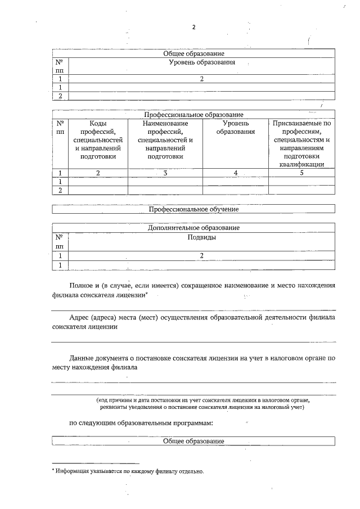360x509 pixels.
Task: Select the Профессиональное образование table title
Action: [193, 115]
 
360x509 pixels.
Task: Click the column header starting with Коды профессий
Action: [98, 139]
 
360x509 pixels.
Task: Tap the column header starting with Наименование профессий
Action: [165, 139]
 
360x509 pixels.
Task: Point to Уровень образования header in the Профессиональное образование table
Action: [236, 127]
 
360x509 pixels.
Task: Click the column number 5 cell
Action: [301, 173]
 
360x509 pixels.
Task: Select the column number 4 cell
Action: [236, 173]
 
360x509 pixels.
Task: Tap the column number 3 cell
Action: [165, 173]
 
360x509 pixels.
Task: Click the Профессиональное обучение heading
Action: [193, 209]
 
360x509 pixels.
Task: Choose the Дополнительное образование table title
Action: [193, 228]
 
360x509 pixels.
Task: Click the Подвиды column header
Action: [201, 237]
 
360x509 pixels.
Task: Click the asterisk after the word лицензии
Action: [147, 294]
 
